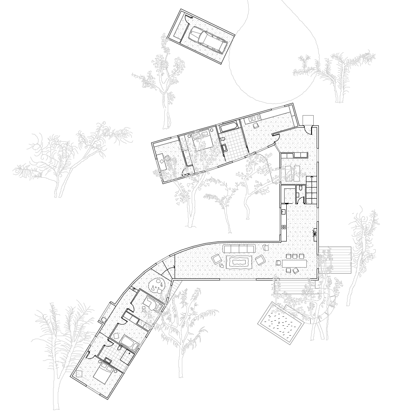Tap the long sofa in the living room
click(x=239, y=249)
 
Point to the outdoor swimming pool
click(x=281, y=322)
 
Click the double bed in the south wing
click(x=103, y=374)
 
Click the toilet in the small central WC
click(x=301, y=190)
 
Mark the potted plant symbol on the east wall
click(x=315, y=233)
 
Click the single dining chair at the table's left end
click(x=279, y=263)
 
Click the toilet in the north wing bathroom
click(x=223, y=142)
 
